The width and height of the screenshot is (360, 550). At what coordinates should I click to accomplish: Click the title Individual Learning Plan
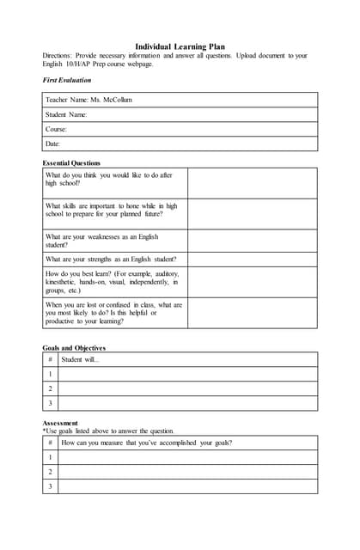pyautogui.click(x=180, y=46)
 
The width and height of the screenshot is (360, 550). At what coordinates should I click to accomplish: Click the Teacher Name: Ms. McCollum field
pyautogui.click(x=88, y=100)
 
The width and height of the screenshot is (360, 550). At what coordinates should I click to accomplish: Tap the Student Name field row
pyautogui.click(x=66, y=114)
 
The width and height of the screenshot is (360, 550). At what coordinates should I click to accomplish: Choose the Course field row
pyautogui.click(x=56, y=129)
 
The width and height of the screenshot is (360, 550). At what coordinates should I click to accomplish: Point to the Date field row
pyautogui.click(x=52, y=144)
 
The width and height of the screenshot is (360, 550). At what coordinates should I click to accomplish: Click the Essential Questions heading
pyautogui.click(x=71, y=162)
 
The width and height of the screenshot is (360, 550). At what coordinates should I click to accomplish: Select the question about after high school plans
pyautogui.click(x=109, y=179)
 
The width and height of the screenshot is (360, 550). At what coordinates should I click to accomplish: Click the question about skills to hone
pyautogui.click(x=112, y=211)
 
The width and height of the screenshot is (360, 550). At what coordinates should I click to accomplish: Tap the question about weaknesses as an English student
pyautogui.click(x=102, y=241)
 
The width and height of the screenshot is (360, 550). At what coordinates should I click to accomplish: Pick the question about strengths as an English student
pyautogui.click(x=111, y=259)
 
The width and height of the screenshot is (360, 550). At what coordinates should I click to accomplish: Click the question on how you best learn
pyautogui.click(x=112, y=281)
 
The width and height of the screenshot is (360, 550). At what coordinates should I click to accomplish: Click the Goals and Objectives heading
pyautogui.click(x=74, y=348)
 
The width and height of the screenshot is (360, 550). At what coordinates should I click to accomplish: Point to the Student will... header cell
pyautogui.click(x=81, y=359)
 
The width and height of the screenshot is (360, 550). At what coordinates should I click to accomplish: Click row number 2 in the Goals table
pyautogui.click(x=50, y=388)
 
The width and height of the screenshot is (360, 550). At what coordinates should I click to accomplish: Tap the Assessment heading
pyautogui.click(x=60, y=423)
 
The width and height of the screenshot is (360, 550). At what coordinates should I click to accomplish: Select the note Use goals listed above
pyautogui.click(x=108, y=431)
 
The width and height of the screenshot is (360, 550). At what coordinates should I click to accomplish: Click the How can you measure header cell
pyautogui.click(x=146, y=443)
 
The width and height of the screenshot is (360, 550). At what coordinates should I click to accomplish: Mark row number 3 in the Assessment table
pyautogui.click(x=50, y=486)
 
